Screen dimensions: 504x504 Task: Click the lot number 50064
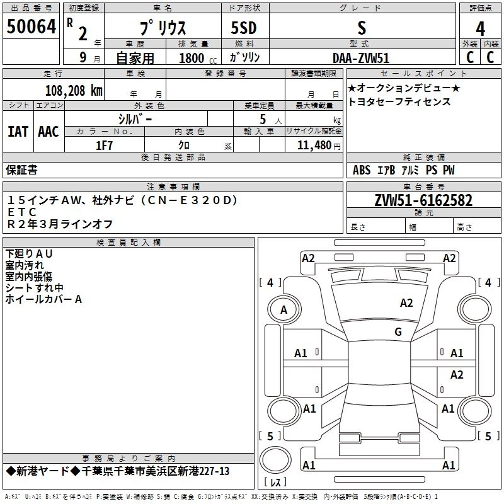(31, 28)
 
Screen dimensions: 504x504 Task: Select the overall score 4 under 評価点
(481, 28)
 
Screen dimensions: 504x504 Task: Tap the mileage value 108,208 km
(73, 90)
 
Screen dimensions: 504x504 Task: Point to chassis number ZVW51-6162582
(423, 201)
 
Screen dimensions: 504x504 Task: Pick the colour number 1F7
(104, 145)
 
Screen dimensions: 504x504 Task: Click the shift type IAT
(18, 131)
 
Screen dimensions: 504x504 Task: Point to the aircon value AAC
(49, 131)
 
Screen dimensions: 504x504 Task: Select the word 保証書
(21, 170)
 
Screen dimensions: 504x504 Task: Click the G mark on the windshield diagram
(398, 332)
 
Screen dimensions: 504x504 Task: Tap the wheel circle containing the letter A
(283, 309)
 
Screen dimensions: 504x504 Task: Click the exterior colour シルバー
(135, 118)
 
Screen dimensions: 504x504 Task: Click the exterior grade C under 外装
(469, 57)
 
